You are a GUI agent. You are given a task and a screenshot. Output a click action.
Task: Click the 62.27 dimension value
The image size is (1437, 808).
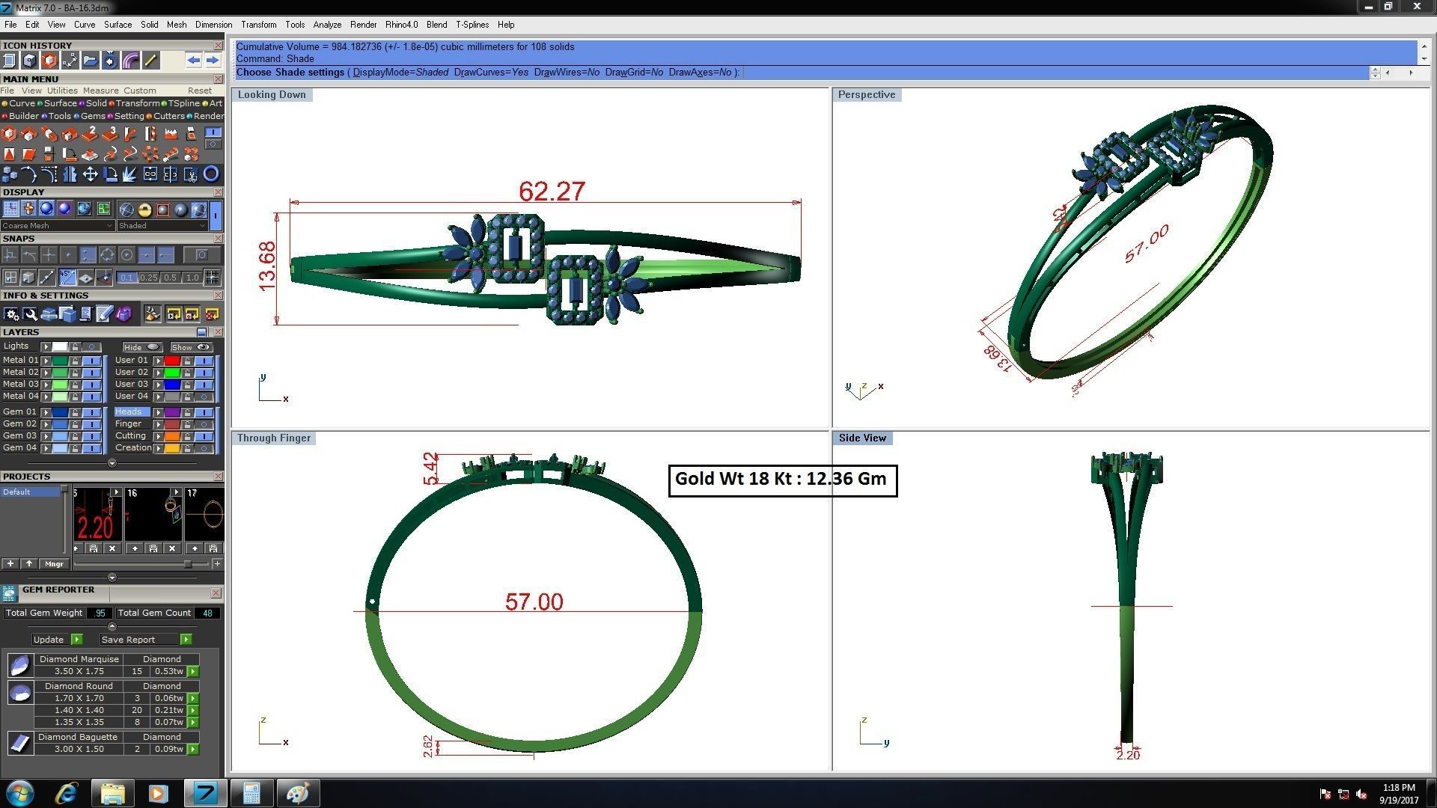coord(552,192)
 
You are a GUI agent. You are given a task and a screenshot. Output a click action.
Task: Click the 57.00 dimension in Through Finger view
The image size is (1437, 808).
coord(534,602)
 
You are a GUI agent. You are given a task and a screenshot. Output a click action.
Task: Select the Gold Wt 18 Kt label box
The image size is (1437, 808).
coord(781,480)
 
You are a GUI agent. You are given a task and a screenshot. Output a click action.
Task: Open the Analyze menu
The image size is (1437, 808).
coord(327,25)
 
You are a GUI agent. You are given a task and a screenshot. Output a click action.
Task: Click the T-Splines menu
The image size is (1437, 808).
coord(472,25)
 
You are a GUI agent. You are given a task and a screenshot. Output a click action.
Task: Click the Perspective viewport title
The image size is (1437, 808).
coord(866,95)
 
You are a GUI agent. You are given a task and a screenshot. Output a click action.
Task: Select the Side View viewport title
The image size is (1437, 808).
coord(861,438)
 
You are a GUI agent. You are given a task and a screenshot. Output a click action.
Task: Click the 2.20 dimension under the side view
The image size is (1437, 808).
coord(1127,756)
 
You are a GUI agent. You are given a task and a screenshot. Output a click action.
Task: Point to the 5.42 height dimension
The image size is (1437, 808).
coord(430,468)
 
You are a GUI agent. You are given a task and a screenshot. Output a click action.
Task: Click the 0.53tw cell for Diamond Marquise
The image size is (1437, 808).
coord(168,672)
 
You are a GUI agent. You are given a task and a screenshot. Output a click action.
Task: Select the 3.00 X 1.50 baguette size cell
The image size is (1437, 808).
coord(79,749)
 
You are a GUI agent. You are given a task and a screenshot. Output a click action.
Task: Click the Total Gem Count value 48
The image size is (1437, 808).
coord(207,613)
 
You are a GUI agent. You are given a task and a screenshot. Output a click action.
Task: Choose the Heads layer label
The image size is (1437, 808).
coord(129,412)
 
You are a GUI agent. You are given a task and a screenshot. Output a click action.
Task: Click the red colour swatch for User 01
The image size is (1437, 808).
coord(171,361)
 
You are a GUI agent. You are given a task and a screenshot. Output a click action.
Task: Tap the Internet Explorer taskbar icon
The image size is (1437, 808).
coord(67,793)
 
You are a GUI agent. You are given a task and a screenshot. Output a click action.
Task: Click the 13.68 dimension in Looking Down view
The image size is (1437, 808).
coord(267,266)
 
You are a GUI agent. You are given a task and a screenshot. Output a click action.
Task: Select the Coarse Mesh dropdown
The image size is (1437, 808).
coord(57,226)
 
